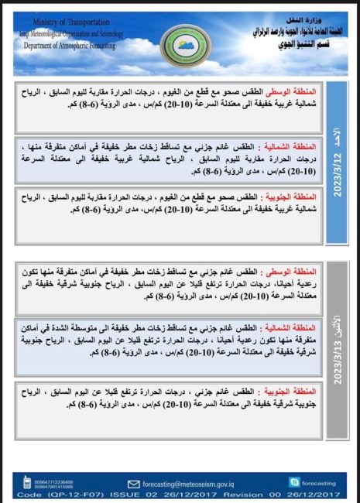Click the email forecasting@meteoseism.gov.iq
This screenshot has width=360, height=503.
pos(201,481)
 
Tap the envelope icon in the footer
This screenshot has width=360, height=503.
pos(132,481)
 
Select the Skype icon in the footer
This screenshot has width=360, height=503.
pos(294,481)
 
